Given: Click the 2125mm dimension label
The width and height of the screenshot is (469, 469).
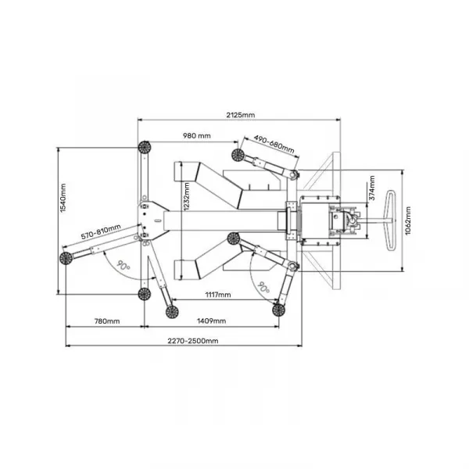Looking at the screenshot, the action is pyautogui.click(x=241, y=115).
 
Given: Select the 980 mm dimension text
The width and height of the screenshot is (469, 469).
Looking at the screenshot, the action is pyautogui.click(x=196, y=136).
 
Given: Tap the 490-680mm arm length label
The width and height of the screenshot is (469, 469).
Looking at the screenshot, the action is pyautogui.click(x=274, y=144).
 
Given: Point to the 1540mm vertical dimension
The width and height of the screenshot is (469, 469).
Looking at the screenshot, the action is pyautogui.click(x=63, y=198).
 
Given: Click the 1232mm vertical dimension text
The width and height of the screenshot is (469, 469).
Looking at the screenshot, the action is pyautogui.click(x=187, y=197).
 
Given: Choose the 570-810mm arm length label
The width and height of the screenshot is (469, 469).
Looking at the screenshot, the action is pyautogui.click(x=101, y=232).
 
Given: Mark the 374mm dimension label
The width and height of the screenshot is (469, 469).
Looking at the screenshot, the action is pyautogui.click(x=372, y=188).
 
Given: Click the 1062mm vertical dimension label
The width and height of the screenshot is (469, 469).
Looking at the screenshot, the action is pyautogui.click(x=408, y=220).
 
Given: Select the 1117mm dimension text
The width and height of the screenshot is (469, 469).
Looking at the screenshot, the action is pyautogui.click(x=218, y=295).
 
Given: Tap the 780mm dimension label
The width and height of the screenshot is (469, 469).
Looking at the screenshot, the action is pyautogui.click(x=107, y=321).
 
